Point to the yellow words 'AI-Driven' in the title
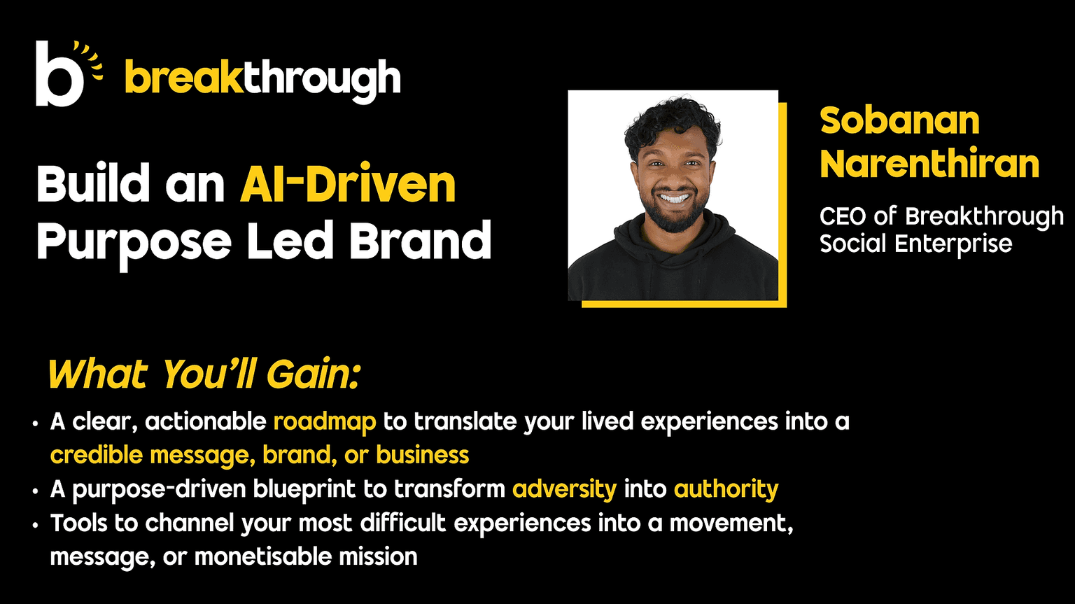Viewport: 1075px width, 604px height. tap(348, 185)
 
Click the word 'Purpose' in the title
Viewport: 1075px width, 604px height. tap(134, 242)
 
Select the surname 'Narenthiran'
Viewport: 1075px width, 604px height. tap(929, 163)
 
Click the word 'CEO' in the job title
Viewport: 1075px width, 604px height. tap(843, 216)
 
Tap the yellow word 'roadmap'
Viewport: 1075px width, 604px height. tap(325, 422)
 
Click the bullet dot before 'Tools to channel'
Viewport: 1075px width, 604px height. tap(35, 526)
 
